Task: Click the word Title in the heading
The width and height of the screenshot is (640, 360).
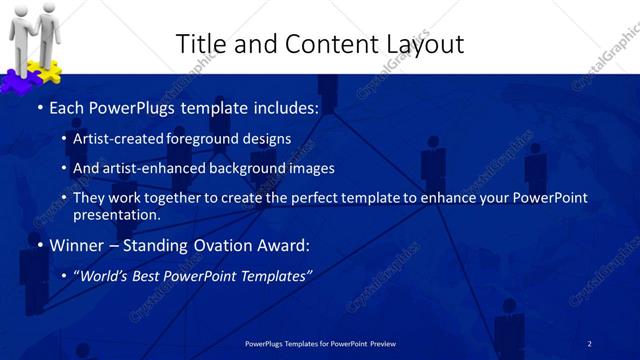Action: pos(199,43)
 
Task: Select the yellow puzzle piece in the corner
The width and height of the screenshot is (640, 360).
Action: pos(49,71)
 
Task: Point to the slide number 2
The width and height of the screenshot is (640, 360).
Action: pos(589,343)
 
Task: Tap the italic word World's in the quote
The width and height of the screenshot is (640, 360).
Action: pos(106,276)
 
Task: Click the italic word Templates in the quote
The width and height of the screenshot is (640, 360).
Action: pos(275,276)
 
